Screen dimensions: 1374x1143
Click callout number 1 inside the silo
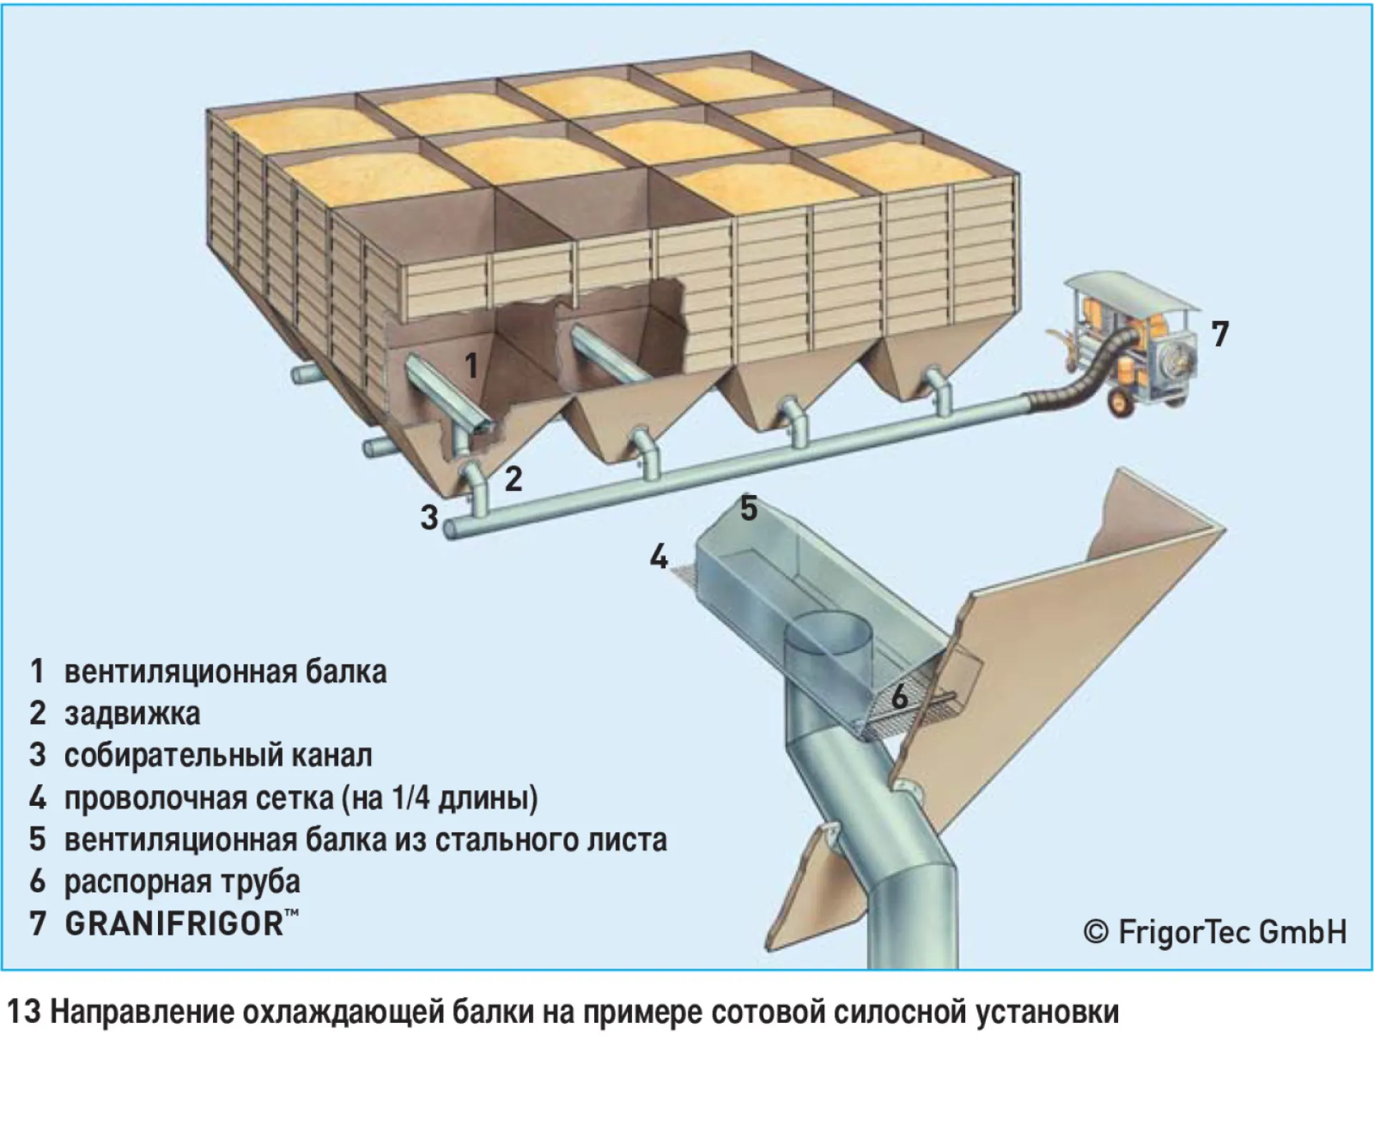coord(471,366)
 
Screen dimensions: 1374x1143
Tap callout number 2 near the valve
coord(513,479)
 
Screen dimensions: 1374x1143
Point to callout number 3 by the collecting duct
coord(429,517)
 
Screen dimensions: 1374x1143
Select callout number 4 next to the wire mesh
coord(659,556)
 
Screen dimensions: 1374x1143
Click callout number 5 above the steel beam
coord(748,508)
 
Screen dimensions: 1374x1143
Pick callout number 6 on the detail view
coord(899,697)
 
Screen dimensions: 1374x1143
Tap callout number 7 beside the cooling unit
coord(1220,334)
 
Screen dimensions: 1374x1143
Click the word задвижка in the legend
coord(132,714)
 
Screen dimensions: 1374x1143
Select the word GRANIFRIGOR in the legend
coord(174,924)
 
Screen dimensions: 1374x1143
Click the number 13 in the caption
coord(24,1012)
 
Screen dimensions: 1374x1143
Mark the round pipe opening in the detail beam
coord(829,632)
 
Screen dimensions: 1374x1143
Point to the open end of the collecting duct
coord(450,529)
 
